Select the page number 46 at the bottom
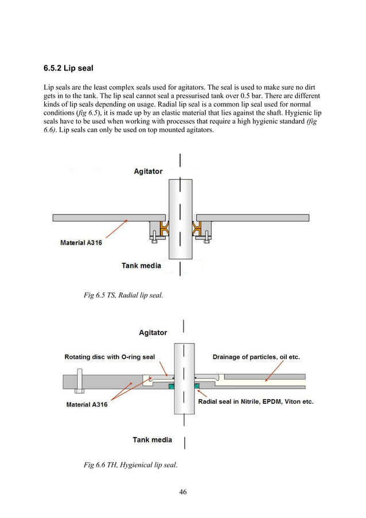pos(183,491)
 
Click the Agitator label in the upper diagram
pos(148,171)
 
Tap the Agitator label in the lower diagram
pos(153,333)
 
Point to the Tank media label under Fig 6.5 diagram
pos(141,266)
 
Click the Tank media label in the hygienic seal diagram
pos(152,440)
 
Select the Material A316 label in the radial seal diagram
pos(81,243)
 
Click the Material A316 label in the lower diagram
pos(87,404)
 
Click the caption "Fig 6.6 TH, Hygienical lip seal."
pos(130,465)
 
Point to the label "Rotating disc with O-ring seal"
pos(110,357)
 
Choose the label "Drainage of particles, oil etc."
pos(256,357)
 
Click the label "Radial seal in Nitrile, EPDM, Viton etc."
pos(256,402)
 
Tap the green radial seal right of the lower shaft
pos(197,385)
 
